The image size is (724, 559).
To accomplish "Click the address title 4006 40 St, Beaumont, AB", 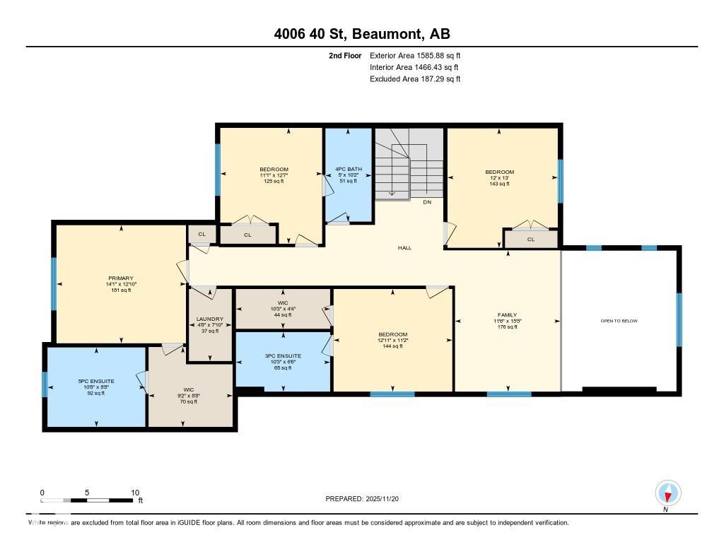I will pos(362,34).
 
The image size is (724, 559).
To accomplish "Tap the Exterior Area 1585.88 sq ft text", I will pos(415,55).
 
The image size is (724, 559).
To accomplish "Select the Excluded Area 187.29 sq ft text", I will pos(415,79).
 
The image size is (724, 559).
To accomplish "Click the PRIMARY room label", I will pos(121,278).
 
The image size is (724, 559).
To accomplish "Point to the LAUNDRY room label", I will pos(210,319).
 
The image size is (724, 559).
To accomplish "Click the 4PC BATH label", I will pos(348,170).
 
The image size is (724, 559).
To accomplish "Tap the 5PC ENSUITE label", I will pos(96,382).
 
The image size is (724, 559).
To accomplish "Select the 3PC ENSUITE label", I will pos(283,356).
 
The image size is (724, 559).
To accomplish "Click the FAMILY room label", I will pos(507,315).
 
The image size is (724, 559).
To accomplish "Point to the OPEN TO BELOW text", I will pos(619,321).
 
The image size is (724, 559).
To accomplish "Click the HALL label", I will pos(404,248).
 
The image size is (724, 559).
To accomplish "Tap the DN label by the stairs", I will pos(427,203).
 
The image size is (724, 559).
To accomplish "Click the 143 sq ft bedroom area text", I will pos(499,184).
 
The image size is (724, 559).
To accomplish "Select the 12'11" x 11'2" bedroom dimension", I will pos(392,341).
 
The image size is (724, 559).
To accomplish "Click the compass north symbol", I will pos(667,493).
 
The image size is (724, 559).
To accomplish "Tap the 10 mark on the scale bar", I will pos(134,493).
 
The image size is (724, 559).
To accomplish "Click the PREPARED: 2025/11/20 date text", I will pos(367,499).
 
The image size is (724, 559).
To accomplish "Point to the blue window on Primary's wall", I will pos(54,283).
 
